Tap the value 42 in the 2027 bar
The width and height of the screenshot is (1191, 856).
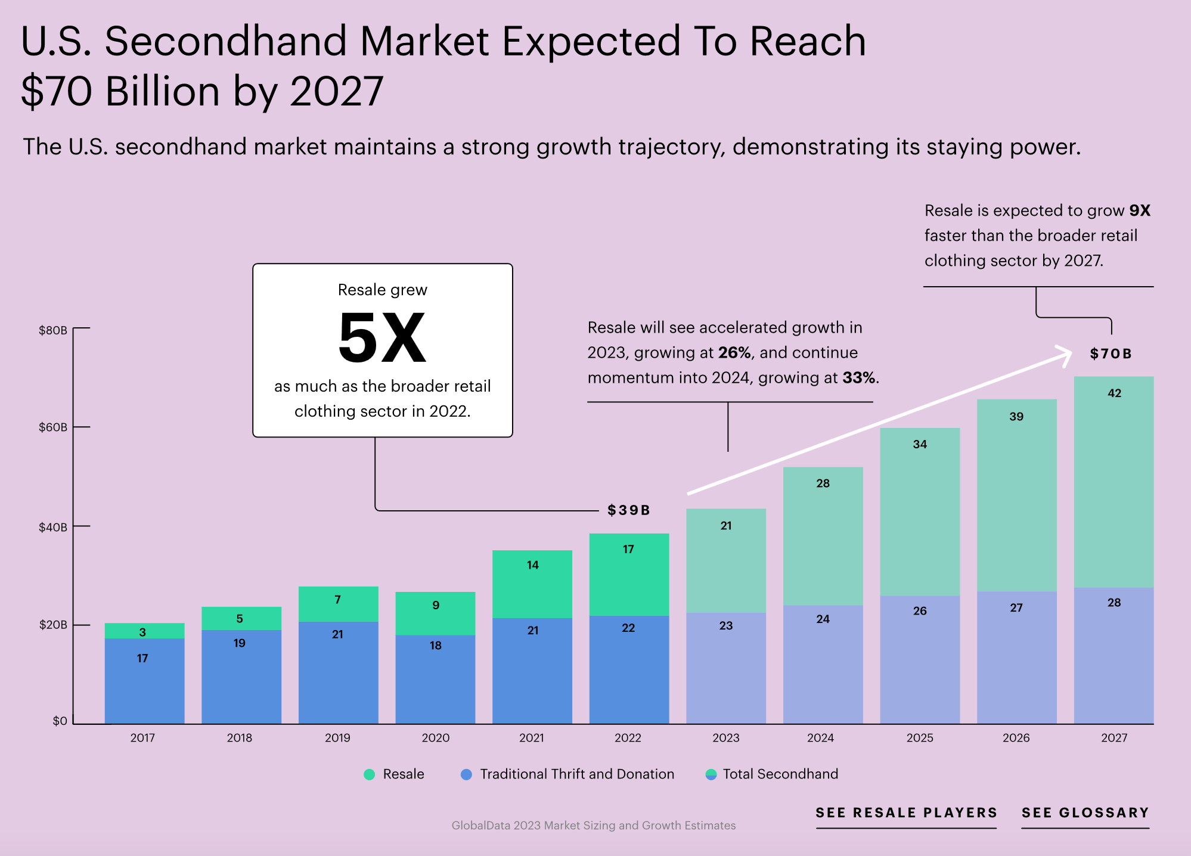coord(1114,393)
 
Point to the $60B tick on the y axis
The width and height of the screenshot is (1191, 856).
coord(54,427)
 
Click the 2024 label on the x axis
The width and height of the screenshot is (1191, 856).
coord(820,738)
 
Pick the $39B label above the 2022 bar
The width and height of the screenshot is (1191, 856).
coord(628,510)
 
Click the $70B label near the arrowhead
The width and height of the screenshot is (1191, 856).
coord(1111,353)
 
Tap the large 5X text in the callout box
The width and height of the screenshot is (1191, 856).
coord(382,339)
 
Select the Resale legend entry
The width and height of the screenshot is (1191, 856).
coord(395,774)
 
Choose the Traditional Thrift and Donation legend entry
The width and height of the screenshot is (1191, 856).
coord(568,774)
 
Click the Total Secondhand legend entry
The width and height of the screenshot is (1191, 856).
coord(773,774)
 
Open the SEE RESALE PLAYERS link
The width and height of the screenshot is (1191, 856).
coord(906,813)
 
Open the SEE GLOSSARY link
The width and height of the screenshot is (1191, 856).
coord(1085,813)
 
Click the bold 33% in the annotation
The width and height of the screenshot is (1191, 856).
coord(858,378)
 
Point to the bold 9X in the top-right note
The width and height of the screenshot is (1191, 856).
coord(1139,210)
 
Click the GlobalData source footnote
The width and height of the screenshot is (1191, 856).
coord(593,826)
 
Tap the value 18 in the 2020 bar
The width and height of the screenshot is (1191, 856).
coord(435,646)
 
